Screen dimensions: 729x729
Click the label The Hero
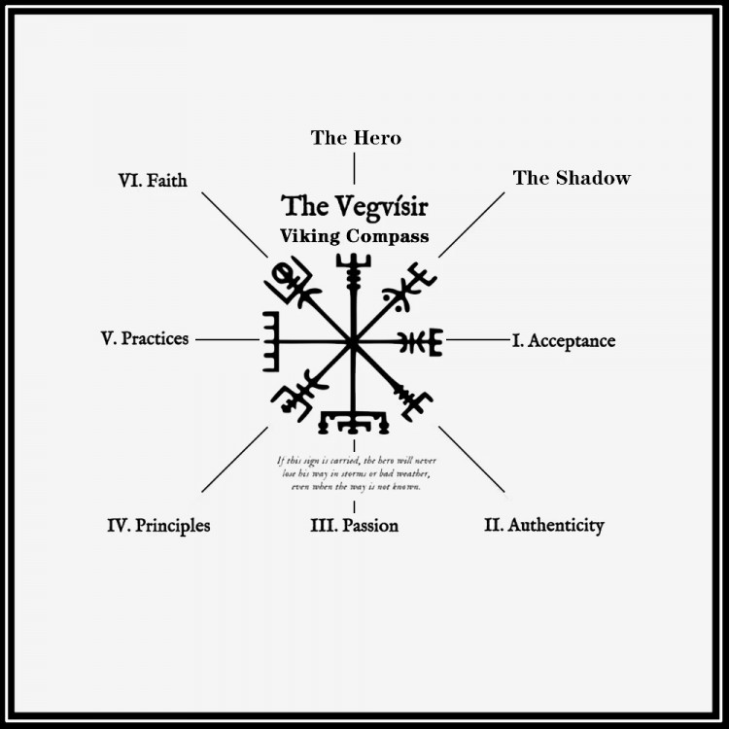[356, 138]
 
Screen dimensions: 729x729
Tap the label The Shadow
[572, 178]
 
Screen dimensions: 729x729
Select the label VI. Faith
[153, 181]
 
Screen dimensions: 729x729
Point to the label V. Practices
[145, 338]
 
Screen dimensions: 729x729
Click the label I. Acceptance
[564, 341]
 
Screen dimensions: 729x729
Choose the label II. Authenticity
[544, 525]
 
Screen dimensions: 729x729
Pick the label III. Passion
[354, 525]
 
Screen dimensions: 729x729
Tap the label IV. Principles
[158, 526]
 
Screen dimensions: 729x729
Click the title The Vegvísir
[354, 206]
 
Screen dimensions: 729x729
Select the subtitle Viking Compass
[354, 236]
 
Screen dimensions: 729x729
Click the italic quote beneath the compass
[356, 473]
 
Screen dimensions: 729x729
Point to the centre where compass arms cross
[353, 343]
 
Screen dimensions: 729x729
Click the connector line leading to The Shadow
[471, 226]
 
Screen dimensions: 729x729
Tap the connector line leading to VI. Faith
[234, 226]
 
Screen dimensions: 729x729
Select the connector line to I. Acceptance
[478, 340]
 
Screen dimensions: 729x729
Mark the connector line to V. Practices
[227, 340]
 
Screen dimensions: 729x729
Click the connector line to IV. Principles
[234, 460]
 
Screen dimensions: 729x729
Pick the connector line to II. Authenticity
[471, 460]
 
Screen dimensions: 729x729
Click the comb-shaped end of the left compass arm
[271, 342]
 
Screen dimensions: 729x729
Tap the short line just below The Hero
[354, 168]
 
